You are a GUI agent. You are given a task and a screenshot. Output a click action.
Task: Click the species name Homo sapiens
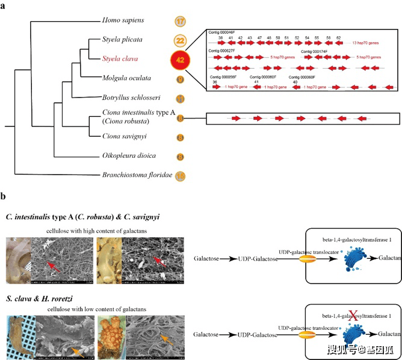click(x=123, y=20)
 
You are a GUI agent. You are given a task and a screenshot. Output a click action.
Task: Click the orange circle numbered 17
click(x=181, y=21)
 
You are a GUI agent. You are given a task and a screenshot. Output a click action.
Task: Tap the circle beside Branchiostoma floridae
click(x=180, y=176)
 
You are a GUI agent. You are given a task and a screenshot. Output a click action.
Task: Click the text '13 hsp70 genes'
click(x=366, y=43)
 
